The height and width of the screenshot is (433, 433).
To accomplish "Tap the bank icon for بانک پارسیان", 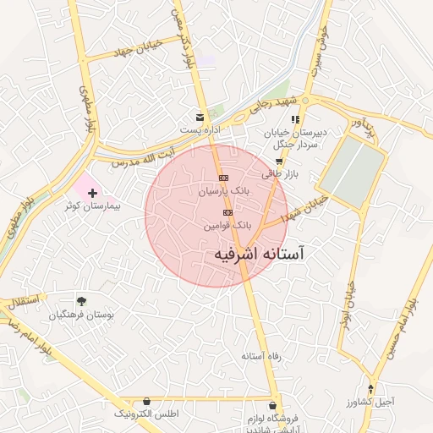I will click(x=223, y=178).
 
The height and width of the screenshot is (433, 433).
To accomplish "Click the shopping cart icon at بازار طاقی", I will click(x=279, y=161).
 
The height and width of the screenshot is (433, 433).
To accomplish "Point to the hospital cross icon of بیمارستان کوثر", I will click(x=92, y=194).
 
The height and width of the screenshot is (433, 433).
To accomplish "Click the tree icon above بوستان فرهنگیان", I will click(x=81, y=301).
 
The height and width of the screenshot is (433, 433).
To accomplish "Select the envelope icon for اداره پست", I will click(x=200, y=117).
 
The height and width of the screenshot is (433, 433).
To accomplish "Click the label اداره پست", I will click(x=200, y=129).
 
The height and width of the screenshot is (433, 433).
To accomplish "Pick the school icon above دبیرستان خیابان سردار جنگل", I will click(x=295, y=119).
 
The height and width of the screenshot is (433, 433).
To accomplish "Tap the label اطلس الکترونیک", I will click(x=148, y=414).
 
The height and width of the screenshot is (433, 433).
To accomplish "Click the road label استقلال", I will click(x=20, y=300).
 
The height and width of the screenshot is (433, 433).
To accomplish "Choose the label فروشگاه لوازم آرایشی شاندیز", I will click(x=253, y=425).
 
